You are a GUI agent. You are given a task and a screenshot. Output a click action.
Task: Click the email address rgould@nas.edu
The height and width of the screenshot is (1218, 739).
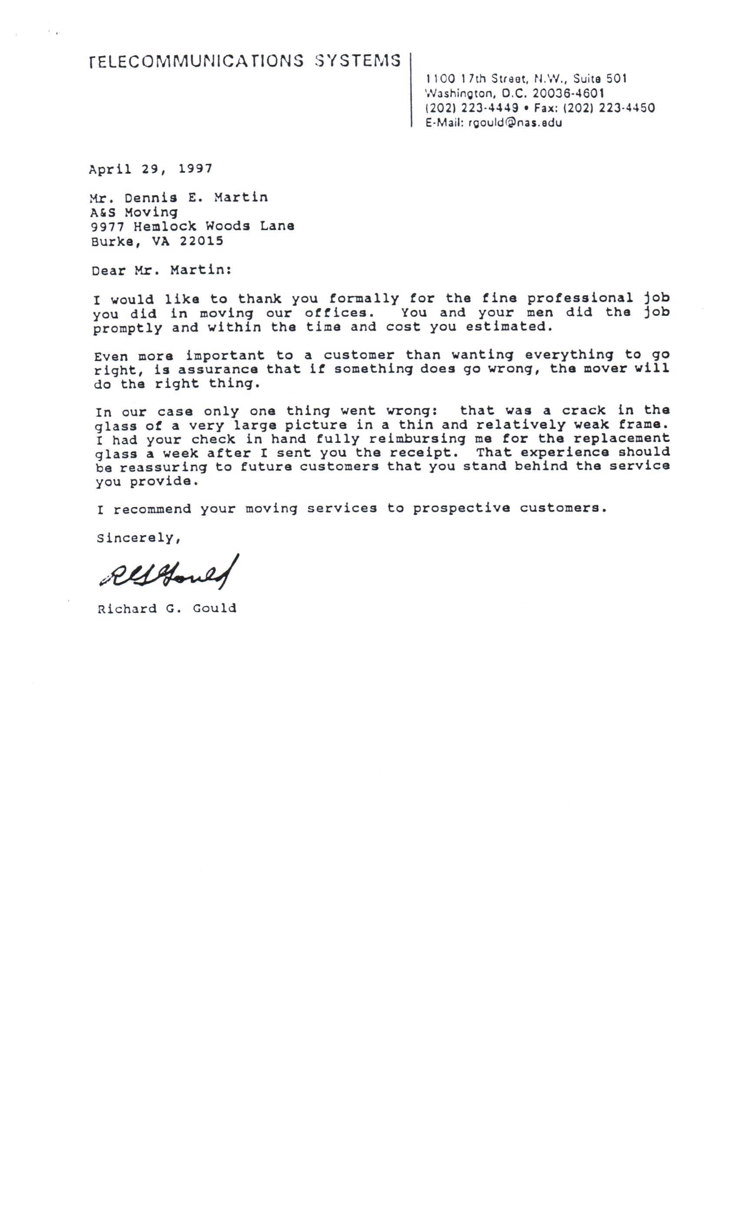click(515, 123)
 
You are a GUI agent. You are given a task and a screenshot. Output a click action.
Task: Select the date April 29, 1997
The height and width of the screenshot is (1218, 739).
click(151, 169)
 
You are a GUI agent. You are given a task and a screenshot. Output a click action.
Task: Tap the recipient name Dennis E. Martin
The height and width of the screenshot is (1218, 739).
click(196, 198)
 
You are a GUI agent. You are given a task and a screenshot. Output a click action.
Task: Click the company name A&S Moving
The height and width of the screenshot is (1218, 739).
click(133, 213)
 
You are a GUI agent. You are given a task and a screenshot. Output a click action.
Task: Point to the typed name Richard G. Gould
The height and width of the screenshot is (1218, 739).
click(166, 609)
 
